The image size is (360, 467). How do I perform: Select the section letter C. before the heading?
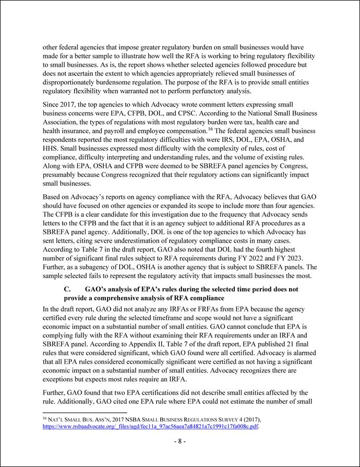[67, 289]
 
